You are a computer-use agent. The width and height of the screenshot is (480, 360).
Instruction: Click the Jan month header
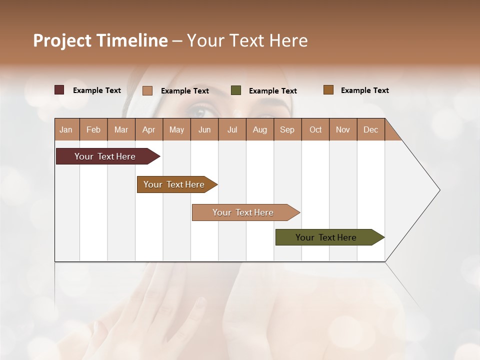pos(66,129)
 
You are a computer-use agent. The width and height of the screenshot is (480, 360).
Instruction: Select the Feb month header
pos(93,129)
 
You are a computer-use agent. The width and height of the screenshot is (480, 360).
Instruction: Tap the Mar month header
pos(121,129)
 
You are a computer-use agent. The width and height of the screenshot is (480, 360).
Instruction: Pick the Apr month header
pos(149,129)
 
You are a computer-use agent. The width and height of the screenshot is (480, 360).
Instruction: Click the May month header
pos(176,129)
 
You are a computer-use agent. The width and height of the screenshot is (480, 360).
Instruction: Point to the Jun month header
pos(204,129)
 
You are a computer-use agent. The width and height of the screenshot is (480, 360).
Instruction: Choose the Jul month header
pos(232,129)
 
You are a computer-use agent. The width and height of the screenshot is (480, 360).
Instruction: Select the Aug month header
pos(260,129)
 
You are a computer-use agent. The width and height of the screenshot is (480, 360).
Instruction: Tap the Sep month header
pos(287,129)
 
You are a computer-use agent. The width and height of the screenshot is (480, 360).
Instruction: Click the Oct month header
pos(315,129)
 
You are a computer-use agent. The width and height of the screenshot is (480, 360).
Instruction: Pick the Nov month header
pos(343,129)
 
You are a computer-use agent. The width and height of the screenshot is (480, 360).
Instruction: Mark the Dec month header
pos(370,129)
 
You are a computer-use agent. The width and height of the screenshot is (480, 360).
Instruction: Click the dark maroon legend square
pos(59,90)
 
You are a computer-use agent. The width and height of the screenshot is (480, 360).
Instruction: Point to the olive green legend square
pos(236,90)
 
